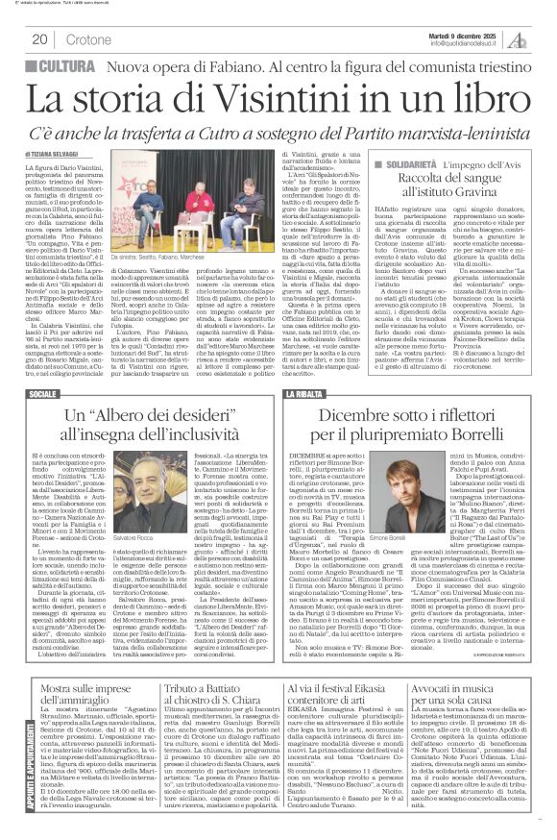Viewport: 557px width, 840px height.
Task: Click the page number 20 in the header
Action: [39, 39]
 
